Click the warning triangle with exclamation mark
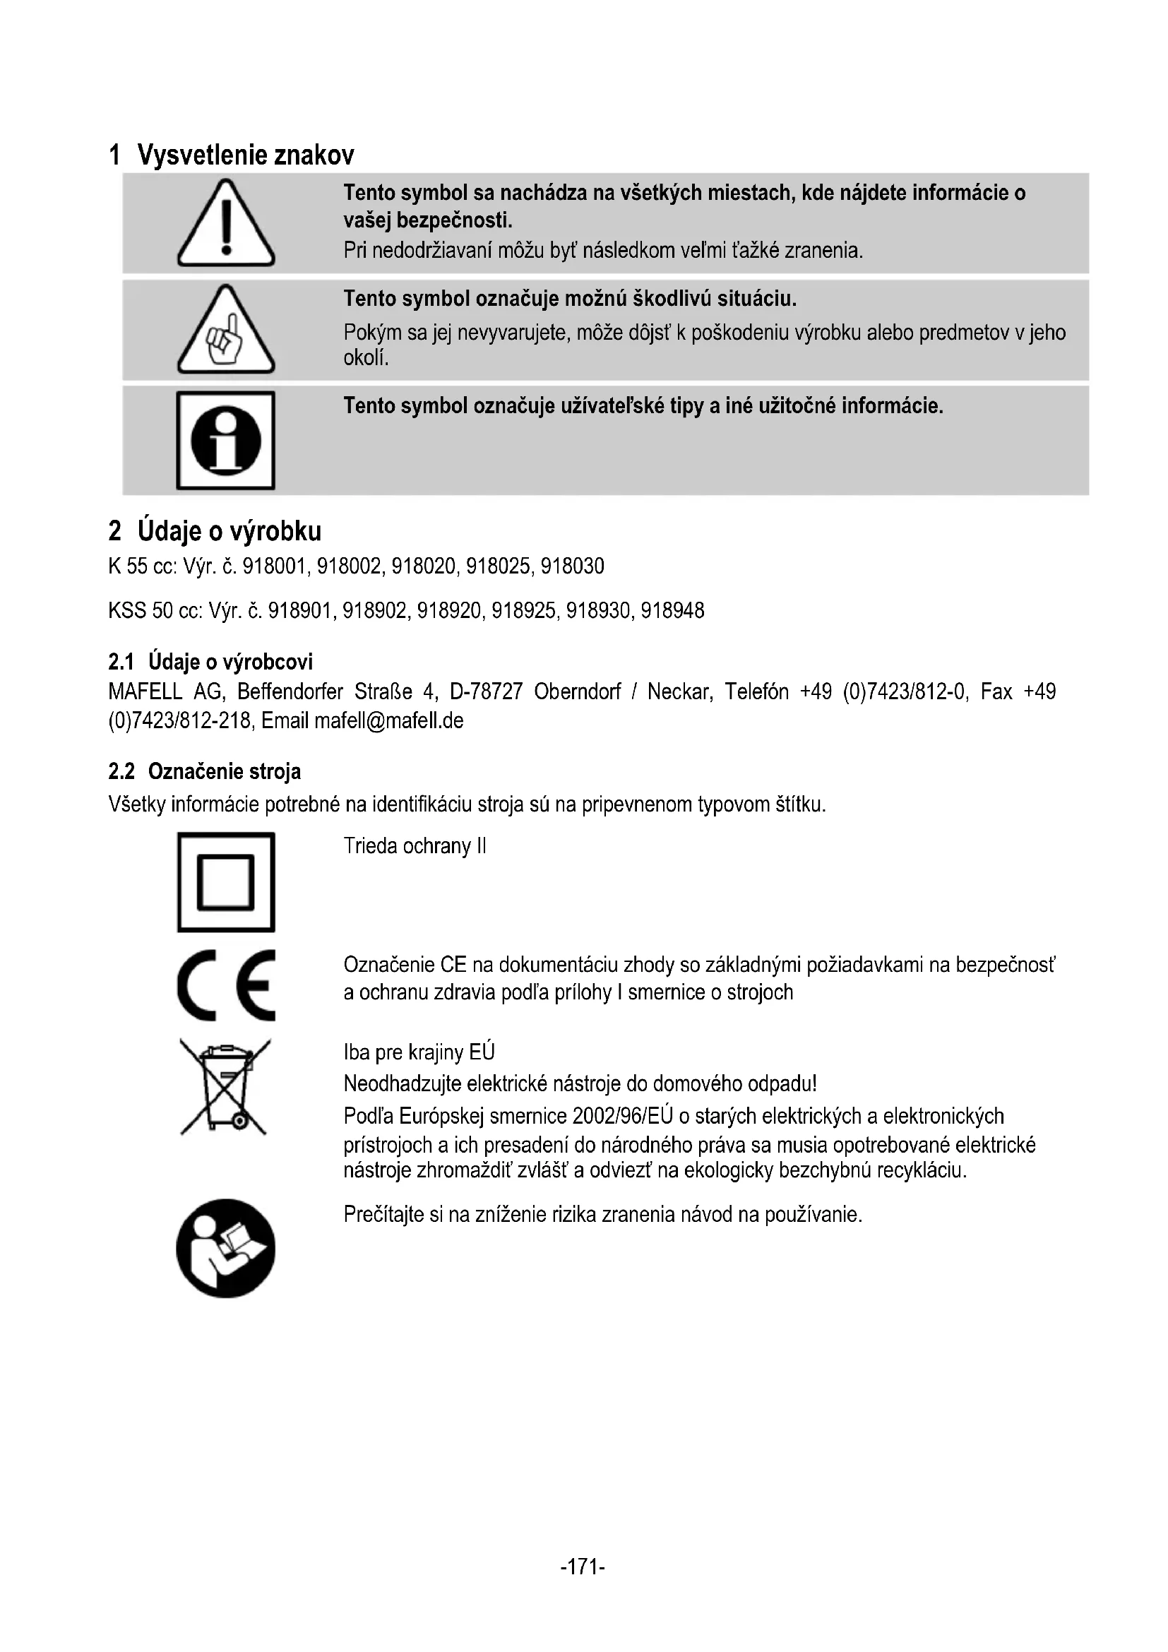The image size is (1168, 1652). tap(226, 224)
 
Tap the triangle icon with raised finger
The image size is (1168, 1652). tap(226, 331)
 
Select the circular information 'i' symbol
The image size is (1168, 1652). tap(226, 440)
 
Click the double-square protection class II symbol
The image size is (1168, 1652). tap(226, 882)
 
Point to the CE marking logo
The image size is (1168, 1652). tap(226, 985)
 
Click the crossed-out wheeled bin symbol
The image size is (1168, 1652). tap(225, 1087)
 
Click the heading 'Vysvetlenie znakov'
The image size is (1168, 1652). tap(245, 155)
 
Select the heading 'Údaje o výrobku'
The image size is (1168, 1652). tap(229, 531)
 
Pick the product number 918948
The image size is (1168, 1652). tap(672, 611)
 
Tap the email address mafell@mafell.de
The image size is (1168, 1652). tap(389, 721)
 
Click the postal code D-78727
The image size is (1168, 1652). tap(485, 692)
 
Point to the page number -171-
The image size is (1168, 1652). tap(583, 1567)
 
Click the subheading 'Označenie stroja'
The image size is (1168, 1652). tap(225, 772)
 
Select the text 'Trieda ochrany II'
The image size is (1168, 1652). tap(415, 846)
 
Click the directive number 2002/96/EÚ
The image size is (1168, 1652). tap(622, 1116)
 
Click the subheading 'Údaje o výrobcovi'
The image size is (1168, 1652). tap(230, 662)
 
